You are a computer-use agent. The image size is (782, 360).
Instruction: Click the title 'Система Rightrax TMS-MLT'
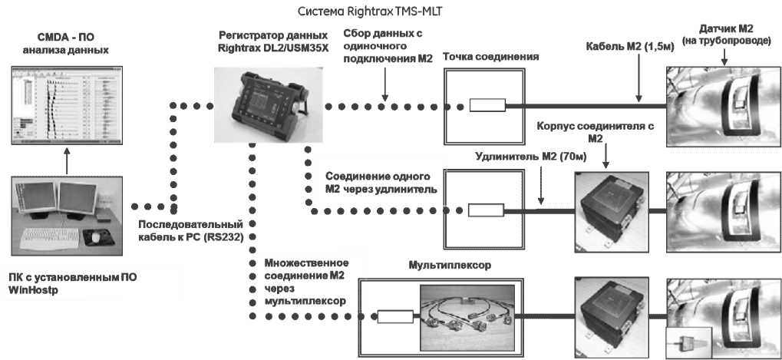click(361, 12)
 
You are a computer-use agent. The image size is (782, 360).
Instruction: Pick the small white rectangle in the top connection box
click(487, 106)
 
